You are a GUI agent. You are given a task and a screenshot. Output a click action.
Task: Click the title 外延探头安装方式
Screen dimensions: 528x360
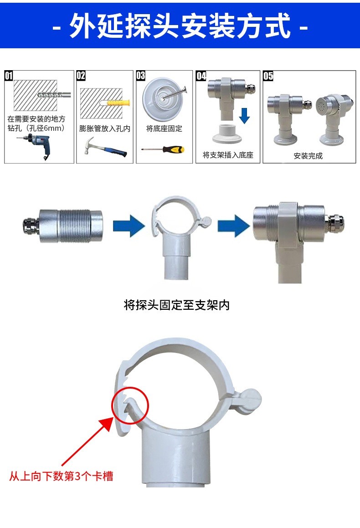tap(180, 26)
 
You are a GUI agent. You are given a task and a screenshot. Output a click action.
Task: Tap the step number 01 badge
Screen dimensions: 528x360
tap(9, 76)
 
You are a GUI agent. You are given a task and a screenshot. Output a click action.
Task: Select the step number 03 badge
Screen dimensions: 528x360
tap(141, 76)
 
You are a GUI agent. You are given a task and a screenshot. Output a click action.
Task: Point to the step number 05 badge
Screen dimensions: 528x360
tap(268, 76)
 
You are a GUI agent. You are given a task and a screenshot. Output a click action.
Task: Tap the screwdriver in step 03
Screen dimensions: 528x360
tap(164, 149)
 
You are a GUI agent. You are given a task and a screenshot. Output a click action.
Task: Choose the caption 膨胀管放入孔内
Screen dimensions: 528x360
tap(105, 129)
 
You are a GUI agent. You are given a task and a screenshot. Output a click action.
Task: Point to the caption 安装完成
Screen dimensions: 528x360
tap(308, 156)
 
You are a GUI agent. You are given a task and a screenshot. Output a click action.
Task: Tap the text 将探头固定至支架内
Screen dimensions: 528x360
tap(177, 305)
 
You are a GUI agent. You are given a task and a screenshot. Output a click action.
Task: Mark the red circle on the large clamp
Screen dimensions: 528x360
tap(130, 405)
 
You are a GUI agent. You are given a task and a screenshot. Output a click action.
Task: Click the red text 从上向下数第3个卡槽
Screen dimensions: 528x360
tap(61, 477)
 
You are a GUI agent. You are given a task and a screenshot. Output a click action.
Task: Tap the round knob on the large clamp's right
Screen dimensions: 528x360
tap(251, 401)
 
